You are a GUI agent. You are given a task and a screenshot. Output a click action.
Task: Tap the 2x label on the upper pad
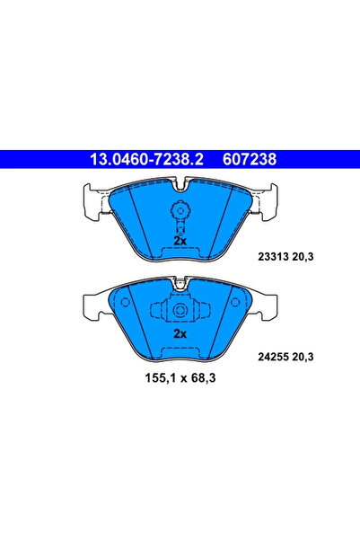(180, 241)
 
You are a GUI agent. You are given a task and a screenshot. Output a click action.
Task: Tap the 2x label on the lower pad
(180, 332)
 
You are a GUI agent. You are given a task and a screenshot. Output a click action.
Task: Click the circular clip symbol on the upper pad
(180, 213)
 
